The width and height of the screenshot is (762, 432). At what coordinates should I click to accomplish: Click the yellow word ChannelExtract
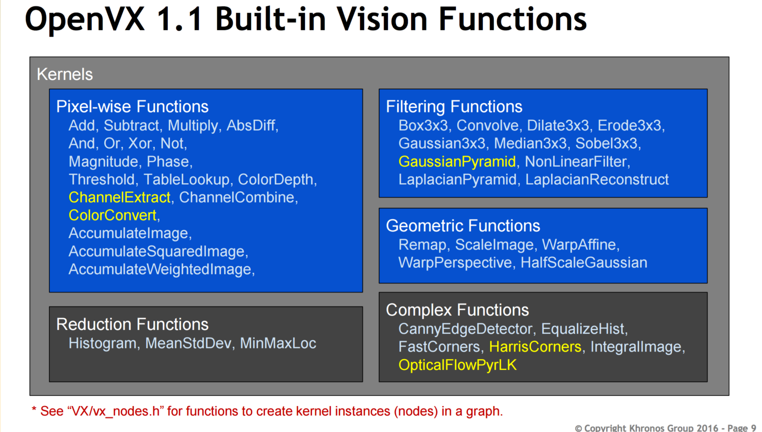coord(119,197)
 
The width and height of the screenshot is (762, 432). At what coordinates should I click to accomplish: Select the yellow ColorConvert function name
coord(112,215)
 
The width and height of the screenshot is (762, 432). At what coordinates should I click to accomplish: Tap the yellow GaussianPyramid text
coord(457,162)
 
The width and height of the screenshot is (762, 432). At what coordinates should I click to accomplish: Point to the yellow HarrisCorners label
coord(535,347)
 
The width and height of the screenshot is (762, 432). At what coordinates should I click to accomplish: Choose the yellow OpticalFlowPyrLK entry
coord(457,365)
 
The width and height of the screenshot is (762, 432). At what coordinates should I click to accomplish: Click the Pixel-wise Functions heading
coord(132,106)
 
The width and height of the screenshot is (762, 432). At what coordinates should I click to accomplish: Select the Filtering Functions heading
coord(454,106)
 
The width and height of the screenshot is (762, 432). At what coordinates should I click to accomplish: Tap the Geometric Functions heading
coord(463,226)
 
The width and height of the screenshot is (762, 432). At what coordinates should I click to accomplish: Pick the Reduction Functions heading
coord(132,324)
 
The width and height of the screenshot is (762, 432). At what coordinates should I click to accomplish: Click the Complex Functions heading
coord(457,310)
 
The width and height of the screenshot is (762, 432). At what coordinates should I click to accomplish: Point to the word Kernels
coord(65,74)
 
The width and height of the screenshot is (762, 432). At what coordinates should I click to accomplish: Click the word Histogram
coord(102,343)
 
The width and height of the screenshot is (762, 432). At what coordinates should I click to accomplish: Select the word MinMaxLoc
coord(278,343)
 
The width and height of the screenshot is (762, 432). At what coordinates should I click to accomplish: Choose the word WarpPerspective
coord(455,263)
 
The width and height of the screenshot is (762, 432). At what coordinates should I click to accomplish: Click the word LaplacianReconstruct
coord(597,180)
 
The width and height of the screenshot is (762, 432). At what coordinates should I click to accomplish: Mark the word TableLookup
coord(186,179)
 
